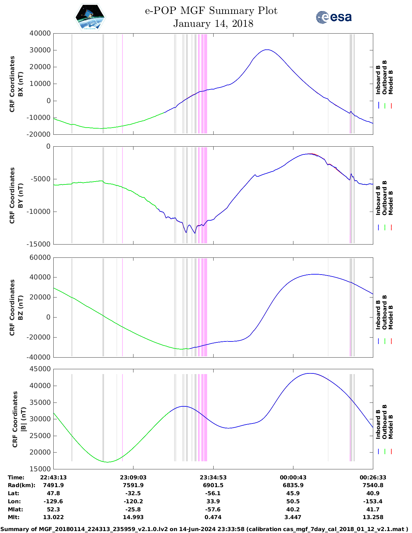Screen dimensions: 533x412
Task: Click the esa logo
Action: pos(334,17)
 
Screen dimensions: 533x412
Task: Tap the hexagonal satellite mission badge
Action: pos(90,17)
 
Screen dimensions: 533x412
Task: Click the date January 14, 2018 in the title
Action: pos(213,24)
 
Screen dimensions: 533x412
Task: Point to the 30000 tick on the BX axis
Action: pos(40,50)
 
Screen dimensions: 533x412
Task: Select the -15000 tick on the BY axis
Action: pos(40,244)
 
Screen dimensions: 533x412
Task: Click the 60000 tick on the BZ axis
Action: pos(40,257)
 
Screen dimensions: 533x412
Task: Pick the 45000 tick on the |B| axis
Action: pos(40,369)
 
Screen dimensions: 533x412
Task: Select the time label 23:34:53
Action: pos(213,477)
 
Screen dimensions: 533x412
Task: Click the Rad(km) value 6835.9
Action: pos(293,485)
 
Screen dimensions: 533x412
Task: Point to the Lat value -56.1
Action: pos(213,493)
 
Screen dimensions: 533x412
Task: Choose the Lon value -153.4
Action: pos(373,501)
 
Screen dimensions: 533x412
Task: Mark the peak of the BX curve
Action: pos(267,50)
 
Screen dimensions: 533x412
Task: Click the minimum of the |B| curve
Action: pos(108,462)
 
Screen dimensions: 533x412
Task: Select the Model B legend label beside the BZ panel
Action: pos(391,317)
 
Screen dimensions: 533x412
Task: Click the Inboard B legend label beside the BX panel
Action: pos(378,80)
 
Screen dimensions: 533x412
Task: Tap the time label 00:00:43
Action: pos(293,477)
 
